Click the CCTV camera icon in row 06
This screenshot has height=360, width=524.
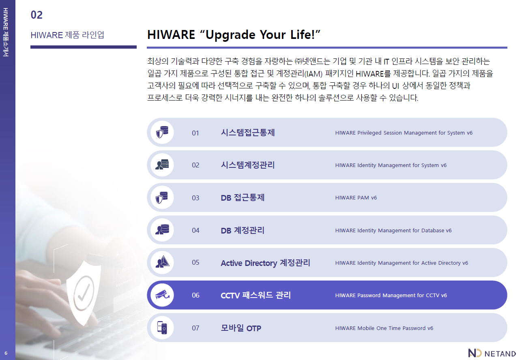click(x=162, y=295)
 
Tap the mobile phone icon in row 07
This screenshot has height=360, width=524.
click(x=162, y=328)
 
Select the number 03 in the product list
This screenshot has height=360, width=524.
click(x=195, y=198)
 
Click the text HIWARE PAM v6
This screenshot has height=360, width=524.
click(x=356, y=198)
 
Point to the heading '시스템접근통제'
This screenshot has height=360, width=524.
click(x=248, y=133)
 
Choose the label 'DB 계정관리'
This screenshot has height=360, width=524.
click(x=243, y=230)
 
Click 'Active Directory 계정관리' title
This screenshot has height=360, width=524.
click(x=265, y=263)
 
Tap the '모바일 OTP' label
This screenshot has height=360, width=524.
click(x=241, y=328)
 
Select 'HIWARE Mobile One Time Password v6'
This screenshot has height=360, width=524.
click(x=384, y=328)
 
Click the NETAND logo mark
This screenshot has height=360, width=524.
click(x=475, y=353)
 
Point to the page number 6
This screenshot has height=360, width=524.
click(x=6, y=353)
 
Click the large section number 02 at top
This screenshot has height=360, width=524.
click(x=37, y=15)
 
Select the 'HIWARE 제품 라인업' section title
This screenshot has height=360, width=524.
click(x=67, y=35)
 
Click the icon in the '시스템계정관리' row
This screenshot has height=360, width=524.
click(x=162, y=165)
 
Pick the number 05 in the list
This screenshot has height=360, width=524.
click(x=195, y=263)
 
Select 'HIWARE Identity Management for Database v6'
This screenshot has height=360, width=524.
click(x=393, y=231)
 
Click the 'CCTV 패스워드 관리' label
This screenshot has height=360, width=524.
click(x=256, y=295)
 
